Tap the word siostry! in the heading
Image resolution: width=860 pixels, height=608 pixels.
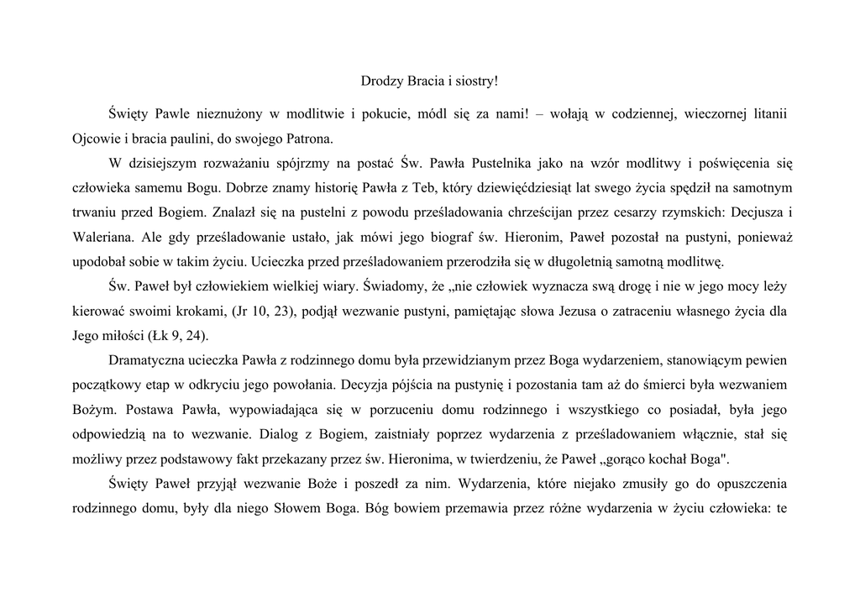[x=474, y=81]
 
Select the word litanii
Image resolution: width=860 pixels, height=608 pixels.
[x=767, y=113]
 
